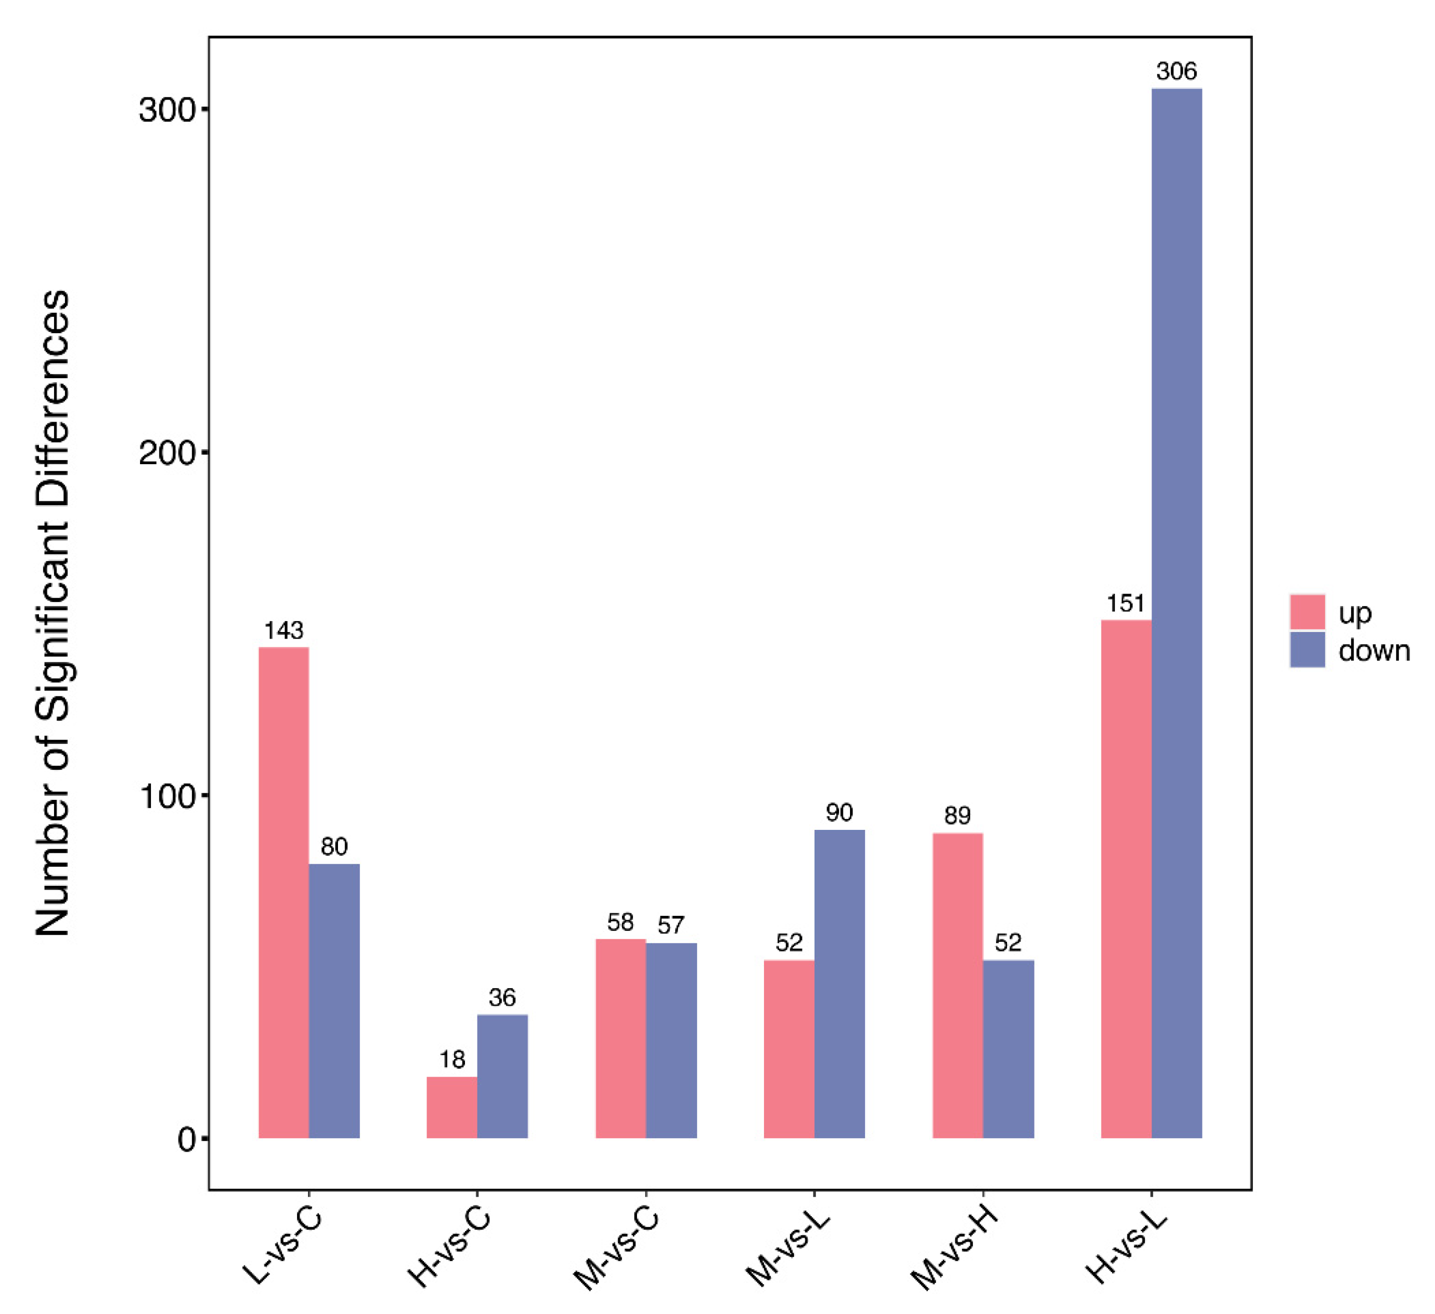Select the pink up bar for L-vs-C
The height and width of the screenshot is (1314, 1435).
[x=283, y=892]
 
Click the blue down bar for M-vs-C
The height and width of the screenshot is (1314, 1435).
[x=671, y=1040]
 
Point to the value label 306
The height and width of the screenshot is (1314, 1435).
[x=1176, y=71]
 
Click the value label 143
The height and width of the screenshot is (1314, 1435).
[x=283, y=631]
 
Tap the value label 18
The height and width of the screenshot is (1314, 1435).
[x=452, y=1059]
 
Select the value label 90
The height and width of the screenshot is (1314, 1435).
[x=839, y=812]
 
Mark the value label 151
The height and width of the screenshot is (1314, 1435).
[x=1125, y=603]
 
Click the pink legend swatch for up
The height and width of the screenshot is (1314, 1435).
[x=1307, y=612]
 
